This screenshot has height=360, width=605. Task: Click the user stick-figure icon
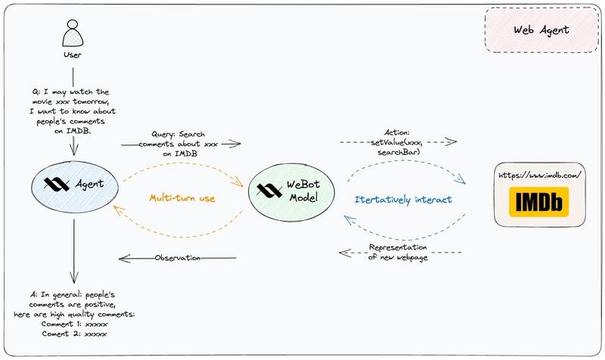pyautogui.click(x=73, y=35)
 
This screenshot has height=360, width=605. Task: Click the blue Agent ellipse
pyautogui.click(x=73, y=184)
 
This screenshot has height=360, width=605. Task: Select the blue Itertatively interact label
pyautogui.click(x=403, y=200)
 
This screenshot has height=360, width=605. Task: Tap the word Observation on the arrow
pyautogui.click(x=178, y=258)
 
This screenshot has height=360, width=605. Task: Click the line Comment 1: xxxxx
pyautogui.click(x=74, y=324)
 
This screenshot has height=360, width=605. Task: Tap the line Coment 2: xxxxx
pyautogui.click(x=74, y=334)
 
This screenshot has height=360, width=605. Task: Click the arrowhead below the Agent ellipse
pyautogui.click(x=73, y=278)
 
